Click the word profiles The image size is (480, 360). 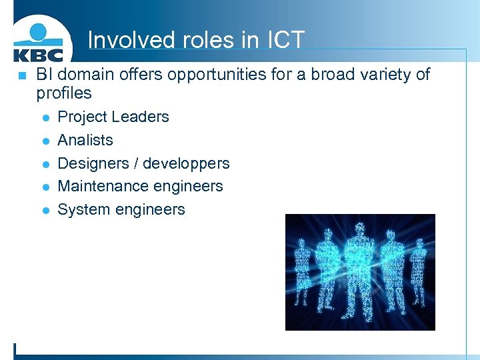pyautogui.click(x=64, y=93)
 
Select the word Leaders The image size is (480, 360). pyautogui.click(x=141, y=117)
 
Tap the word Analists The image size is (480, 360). pyautogui.click(x=85, y=140)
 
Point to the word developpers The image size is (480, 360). pyautogui.click(x=186, y=163)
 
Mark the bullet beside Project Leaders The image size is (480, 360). pyautogui.click(x=44, y=117)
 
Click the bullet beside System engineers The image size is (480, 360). pyautogui.click(x=44, y=210)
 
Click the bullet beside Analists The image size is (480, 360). pyautogui.click(x=44, y=141)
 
